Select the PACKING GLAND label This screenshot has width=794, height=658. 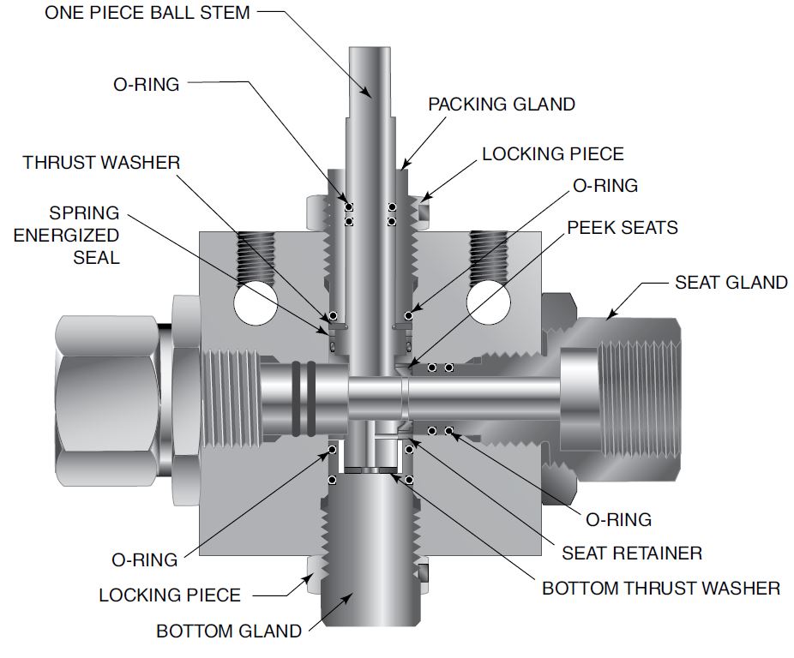point(502,104)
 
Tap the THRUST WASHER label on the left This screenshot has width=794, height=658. point(101,162)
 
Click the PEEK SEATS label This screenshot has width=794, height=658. point(622,227)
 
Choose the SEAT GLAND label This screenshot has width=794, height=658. point(731,282)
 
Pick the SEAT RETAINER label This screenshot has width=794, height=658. point(632,553)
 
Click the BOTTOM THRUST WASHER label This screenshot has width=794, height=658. point(660,589)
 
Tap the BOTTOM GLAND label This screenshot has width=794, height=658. point(228,631)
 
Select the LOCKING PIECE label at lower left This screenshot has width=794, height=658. point(170,595)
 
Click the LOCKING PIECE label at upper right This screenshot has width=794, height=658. point(552,154)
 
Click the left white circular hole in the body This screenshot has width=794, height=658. point(255,304)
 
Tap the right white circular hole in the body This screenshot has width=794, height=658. point(490,304)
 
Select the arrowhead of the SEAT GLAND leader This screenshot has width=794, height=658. point(608,318)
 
